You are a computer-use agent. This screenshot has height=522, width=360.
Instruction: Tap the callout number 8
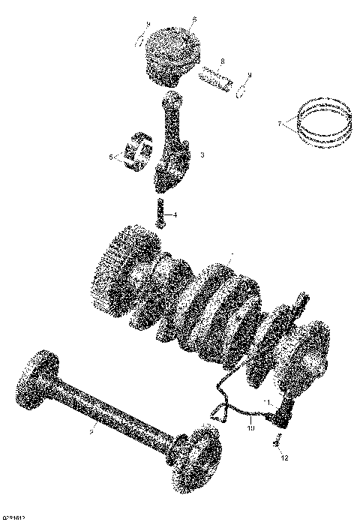(x=223, y=62)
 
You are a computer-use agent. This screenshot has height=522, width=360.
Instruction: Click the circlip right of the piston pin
(x=242, y=91)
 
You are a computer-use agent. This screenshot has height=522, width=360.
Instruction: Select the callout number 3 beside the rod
(x=202, y=154)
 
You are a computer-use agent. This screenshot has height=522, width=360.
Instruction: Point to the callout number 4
(x=175, y=215)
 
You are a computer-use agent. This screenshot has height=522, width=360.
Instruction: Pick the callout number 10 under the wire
(x=251, y=429)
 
